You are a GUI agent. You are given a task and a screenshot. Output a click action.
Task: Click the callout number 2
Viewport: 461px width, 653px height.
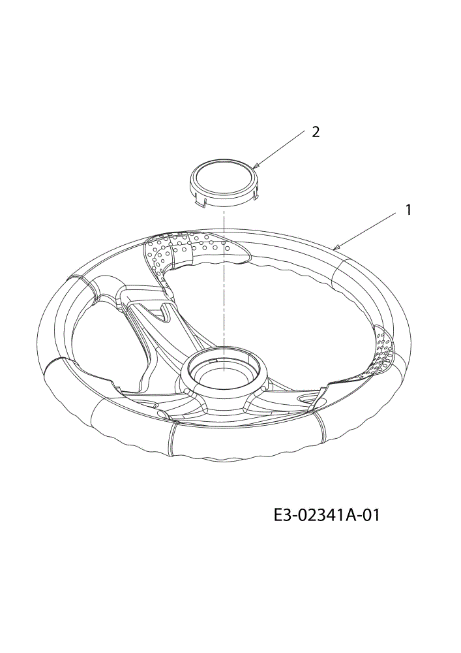(x=316, y=132)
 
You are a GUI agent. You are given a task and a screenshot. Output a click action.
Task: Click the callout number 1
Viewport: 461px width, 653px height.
(x=408, y=210)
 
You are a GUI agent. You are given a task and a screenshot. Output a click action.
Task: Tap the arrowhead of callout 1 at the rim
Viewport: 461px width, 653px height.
(x=336, y=247)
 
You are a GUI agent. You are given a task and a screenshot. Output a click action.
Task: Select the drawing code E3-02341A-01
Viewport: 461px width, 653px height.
(x=327, y=516)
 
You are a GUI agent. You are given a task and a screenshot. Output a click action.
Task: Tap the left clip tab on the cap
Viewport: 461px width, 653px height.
(x=201, y=202)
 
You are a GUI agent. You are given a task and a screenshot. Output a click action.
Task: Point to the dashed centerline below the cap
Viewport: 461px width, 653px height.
(x=224, y=279)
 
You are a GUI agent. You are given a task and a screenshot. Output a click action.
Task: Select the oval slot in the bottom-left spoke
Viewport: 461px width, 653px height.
(x=146, y=403)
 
